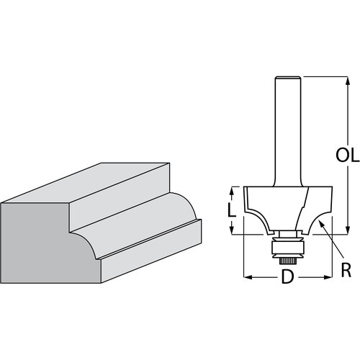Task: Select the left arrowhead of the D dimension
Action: pyautogui.click(x=248, y=276)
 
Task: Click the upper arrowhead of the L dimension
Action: pyautogui.click(x=232, y=189)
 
